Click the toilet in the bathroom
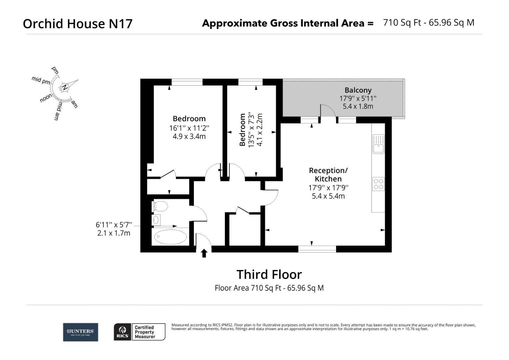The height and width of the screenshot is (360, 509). point(160,206)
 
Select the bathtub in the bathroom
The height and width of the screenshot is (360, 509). point(170,237)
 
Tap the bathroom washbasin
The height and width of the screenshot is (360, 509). point(156,220)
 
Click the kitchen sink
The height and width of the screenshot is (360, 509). point(378,144)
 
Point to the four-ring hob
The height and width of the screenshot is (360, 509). point(378,184)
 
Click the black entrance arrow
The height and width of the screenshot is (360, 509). point(204,253)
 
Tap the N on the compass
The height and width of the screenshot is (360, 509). point(65,87)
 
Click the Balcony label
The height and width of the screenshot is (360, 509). point(358,90)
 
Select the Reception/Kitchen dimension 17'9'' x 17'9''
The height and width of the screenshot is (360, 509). point(328,188)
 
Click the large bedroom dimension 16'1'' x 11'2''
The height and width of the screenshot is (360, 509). point(189,128)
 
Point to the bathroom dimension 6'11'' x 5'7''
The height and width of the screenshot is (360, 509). point(114,225)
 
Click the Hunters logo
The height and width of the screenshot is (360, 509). point(80,332)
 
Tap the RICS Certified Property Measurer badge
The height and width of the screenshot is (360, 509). point(140,332)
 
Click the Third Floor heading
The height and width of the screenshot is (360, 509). point(269,274)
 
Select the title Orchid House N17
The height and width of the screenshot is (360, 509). point(78,24)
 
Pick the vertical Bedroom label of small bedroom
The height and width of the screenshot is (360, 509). point(243,130)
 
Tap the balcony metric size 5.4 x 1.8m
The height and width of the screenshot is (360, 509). point(358,106)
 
